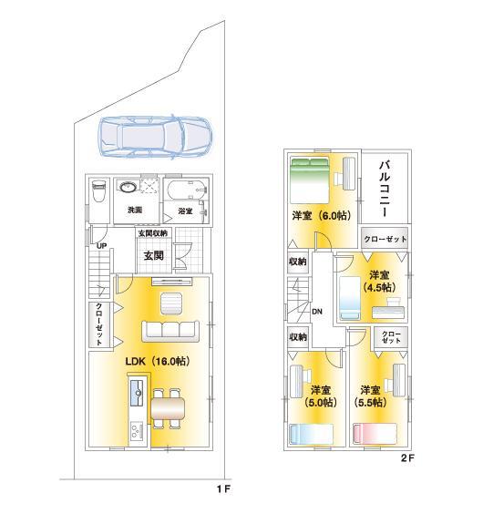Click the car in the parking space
[156, 137]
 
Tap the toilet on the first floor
[98, 191]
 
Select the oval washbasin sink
[128, 188]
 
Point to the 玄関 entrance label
[153, 256]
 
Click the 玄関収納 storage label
[153, 233]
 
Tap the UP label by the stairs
[101, 246]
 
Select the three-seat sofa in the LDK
[170, 332]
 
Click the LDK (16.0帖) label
[158, 361]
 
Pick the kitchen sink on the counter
[137, 393]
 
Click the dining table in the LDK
[168, 409]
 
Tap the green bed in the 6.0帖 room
[310, 181]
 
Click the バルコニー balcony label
[385, 189]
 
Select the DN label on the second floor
[317, 312]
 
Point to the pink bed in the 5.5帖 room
[375, 434]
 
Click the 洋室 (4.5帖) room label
[379, 281]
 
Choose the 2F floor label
[407, 457]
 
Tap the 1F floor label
[223, 489]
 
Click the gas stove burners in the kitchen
[137, 431]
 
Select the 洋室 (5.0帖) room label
[321, 396]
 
